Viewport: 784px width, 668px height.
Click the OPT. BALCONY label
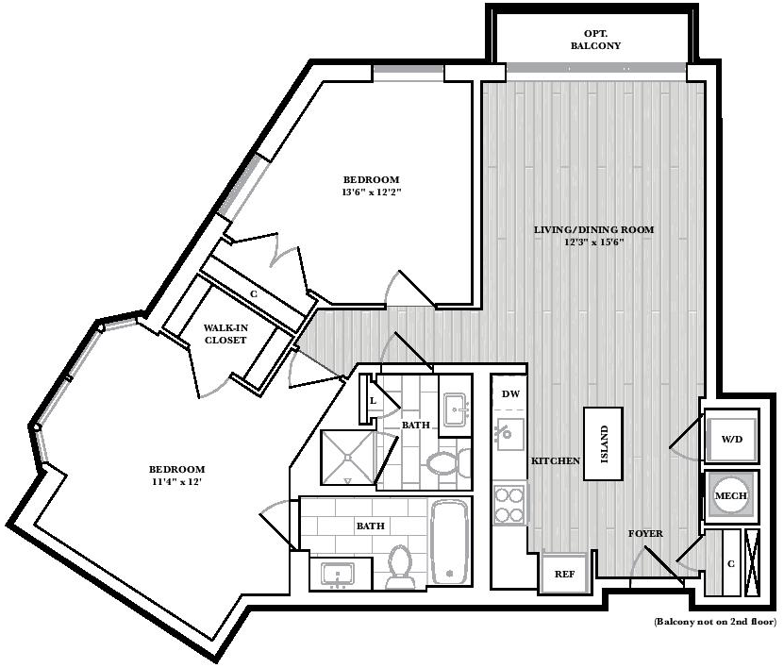pyautogui.click(x=595, y=40)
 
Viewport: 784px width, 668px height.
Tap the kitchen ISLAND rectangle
pyautogui.click(x=604, y=444)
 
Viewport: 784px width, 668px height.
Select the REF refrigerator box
pyautogui.click(x=564, y=573)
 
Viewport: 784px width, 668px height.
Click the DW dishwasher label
pyautogui.click(x=510, y=394)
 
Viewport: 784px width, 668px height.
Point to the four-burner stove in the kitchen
pyautogui.click(x=509, y=505)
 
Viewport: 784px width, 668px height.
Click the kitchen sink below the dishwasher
pyautogui.click(x=509, y=434)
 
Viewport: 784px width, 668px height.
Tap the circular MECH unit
pyautogui.click(x=731, y=495)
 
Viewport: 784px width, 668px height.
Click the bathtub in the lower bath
pyautogui.click(x=450, y=542)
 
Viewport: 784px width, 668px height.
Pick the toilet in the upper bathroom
pyautogui.click(x=448, y=462)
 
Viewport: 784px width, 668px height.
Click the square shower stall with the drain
pyautogui.click(x=347, y=458)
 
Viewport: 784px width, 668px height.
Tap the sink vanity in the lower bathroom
pyautogui.click(x=341, y=574)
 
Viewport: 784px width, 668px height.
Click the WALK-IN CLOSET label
pyautogui.click(x=225, y=334)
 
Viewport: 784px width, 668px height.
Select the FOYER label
pyautogui.click(x=645, y=533)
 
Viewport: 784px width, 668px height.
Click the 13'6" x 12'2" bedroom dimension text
pyautogui.click(x=372, y=192)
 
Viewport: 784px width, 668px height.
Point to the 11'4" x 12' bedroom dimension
pyautogui.click(x=176, y=482)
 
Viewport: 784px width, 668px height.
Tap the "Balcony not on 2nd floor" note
pyautogui.click(x=716, y=622)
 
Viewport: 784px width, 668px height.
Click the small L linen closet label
pyautogui.click(x=373, y=400)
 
